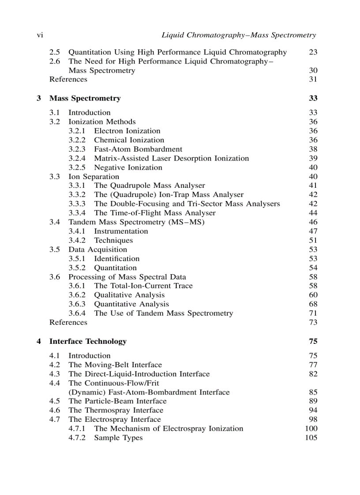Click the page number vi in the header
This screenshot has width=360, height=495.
click(39, 35)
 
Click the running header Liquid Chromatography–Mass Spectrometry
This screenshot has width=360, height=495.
click(239, 35)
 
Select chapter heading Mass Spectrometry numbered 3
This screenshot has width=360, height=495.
click(85, 98)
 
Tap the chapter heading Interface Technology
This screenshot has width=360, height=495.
click(88, 342)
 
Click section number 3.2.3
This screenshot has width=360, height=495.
click(77, 149)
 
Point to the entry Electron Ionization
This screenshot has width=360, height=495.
click(127, 131)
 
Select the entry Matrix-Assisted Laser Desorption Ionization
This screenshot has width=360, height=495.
click(171, 159)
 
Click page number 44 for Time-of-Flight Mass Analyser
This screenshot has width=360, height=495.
click(313, 213)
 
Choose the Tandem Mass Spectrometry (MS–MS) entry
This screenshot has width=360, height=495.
click(136, 222)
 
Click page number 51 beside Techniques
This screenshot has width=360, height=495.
click(313, 241)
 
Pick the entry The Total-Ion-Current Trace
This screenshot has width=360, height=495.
click(143, 286)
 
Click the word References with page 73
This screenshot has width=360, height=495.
click(68, 323)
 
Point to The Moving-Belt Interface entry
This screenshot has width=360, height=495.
click(115, 365)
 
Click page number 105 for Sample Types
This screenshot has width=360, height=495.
click(311, 438)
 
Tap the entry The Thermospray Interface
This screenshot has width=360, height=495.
click(116, 411)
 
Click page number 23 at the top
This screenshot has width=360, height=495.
click(313, 52)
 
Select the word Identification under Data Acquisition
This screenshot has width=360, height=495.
click(116, 259)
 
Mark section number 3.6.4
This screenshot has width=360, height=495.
click(77, 313)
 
